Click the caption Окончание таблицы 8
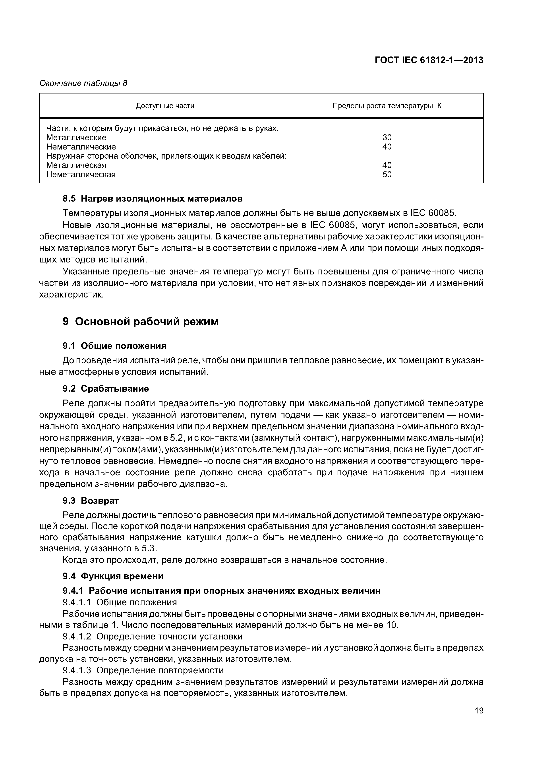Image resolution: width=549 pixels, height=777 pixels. tap(83, 83)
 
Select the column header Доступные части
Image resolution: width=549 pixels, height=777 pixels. tap(165, 106)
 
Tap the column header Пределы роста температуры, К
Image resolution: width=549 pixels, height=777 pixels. tap(387, 106)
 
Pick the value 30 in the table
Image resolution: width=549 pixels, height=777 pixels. tap(387, 137)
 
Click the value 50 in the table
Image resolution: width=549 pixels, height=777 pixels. tap(387, 175)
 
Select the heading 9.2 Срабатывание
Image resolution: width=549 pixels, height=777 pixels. tap(106, 388)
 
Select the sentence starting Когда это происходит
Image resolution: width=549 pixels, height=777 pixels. tap(225, 560)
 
